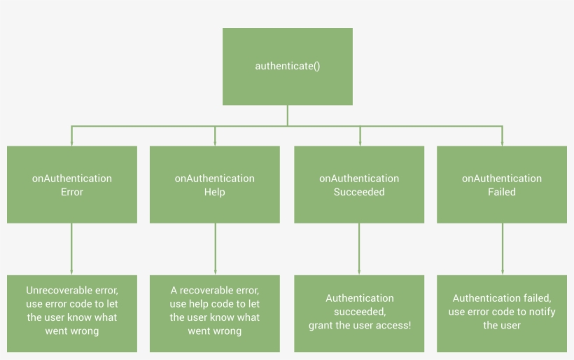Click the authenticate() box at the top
(x=287, y=67)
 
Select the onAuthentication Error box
(x=72, y=184)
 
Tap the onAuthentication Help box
(x=215, y=184)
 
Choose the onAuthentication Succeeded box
(x=359, y=184)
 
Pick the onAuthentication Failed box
(x=502, y=184)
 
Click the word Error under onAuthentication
(x=72, y=192)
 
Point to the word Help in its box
(x=215, y=192)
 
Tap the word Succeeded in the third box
(x=359, y=192)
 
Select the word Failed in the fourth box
(x=502, y=192)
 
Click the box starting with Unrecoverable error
(x=72, y=313)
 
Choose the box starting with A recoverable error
(x=215, y=313)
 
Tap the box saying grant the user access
(x=359, y=313)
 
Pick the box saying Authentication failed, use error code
(x=502, y=313)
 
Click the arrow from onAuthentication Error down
(x=72, y=249)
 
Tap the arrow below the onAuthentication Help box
(x=215, y=249)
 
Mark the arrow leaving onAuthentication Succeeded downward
(x=359, y=249)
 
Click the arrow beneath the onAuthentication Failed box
(x=502, y=249)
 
